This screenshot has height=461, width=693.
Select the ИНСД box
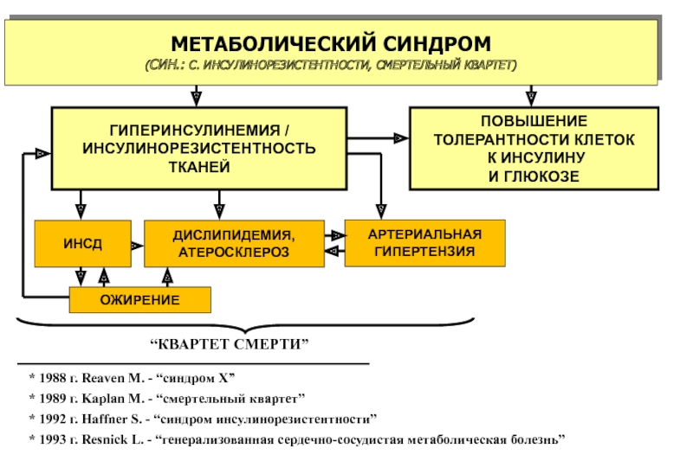(x=82, y=244)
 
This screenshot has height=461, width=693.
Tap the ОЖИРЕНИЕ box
(x=139, y=299)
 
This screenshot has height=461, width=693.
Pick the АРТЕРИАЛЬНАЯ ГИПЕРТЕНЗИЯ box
(x=424, y=243)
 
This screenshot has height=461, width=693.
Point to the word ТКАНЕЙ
(x=198, y=166)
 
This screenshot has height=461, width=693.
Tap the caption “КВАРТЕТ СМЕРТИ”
(x=230, y=344)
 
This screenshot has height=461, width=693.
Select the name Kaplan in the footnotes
(x=105, y=400)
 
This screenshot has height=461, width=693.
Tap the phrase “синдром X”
(x=196, y=379)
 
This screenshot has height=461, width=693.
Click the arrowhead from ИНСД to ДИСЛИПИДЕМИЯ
(x=137, y=246)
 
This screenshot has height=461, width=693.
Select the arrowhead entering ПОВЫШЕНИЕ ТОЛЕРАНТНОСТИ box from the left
(x=399, y=138)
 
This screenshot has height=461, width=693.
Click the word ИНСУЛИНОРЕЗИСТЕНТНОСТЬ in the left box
(x=199, y=148)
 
